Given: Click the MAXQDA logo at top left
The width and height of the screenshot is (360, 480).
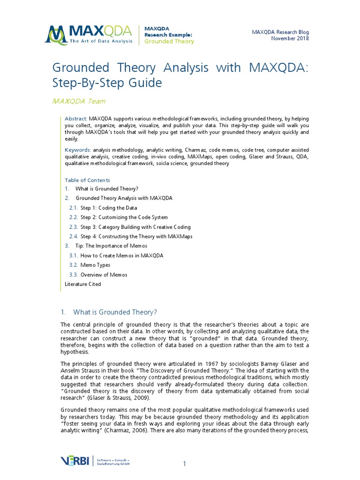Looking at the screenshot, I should pos(89,34).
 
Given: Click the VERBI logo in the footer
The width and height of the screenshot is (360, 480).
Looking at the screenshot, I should pos(76,461).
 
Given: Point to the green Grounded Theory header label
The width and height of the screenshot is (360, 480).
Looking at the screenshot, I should pos(169,41).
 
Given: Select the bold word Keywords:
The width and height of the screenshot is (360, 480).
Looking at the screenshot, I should pos(78,150).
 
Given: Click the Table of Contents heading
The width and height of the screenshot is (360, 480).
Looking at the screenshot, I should pos(87,180).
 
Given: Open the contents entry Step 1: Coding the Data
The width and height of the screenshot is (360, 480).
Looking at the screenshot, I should pos(109,208).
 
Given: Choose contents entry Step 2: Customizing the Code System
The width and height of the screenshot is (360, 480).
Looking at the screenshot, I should pos(124,217).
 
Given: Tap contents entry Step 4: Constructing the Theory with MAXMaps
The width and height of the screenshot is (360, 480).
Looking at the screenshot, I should pos(136,236).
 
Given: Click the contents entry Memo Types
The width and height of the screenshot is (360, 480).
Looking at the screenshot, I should pos(95,265).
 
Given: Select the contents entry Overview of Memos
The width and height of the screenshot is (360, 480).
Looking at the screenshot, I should pos(104,275).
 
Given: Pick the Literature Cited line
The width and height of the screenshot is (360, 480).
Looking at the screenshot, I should pos(82,284).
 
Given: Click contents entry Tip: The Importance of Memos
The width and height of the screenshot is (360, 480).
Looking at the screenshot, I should pos(111,246).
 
